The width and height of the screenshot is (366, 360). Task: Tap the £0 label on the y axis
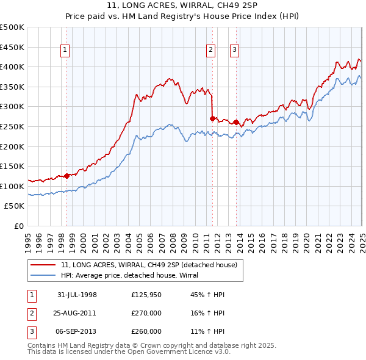point(18,226)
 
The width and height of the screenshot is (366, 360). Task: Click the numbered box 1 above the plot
point(66,51)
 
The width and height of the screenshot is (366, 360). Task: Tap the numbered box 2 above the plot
point(211,51)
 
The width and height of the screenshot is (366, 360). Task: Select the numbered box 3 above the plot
point(235,51)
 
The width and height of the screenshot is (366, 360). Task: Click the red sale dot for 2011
point(212,118)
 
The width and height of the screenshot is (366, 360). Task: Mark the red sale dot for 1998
point(66,176)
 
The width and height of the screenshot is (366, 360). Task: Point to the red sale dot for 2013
point(236,122)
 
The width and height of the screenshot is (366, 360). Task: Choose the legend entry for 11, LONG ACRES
point(152,265)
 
